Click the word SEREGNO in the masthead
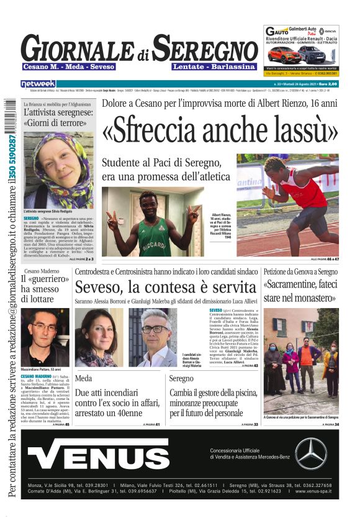(x=205, y=48)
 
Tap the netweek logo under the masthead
(x=38, y=83)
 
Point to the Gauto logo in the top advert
(x=278, y=31)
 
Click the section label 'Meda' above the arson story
(x=83, y=378)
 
